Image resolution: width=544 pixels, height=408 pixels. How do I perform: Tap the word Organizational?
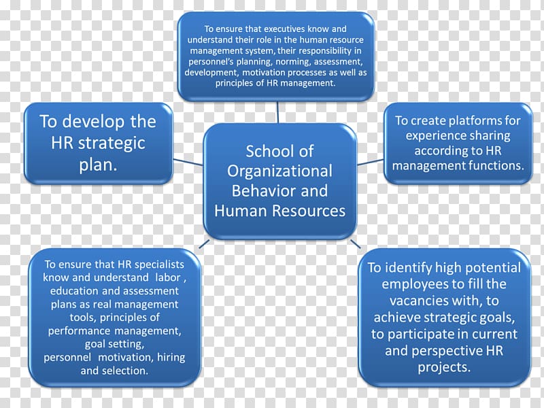[279, 171]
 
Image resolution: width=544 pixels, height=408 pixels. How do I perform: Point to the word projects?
[444, 367]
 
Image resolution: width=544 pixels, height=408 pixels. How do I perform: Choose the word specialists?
[159, 265]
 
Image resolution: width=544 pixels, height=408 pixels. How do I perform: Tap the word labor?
[168, 277]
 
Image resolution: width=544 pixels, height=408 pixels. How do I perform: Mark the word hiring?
[171, 357]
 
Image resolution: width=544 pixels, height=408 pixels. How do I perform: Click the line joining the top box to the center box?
[277, 112]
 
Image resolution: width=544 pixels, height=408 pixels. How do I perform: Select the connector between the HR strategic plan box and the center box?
[188, 163]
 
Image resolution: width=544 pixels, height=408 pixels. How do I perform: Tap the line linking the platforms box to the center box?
[371, 163]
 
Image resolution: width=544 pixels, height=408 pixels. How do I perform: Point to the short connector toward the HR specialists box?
[204, 244]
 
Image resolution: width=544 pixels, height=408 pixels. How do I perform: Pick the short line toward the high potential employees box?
[356, 244]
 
